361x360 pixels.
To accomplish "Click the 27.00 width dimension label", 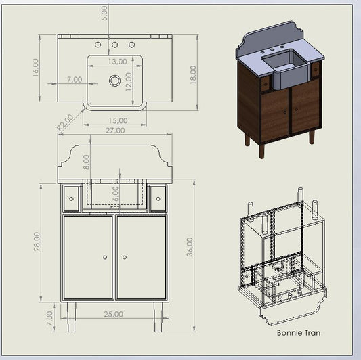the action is (115, 131).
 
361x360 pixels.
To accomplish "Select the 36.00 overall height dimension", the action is (190, 247).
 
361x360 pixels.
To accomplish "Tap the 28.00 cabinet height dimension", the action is (37, 242).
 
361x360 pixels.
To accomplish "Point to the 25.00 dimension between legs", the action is (113, 314).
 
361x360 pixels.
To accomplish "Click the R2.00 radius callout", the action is (66, 122).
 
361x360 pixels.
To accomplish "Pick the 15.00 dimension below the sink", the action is (118, 120).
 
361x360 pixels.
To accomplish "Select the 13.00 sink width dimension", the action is (117, 62).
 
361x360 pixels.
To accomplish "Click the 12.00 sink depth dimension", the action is (129, 82).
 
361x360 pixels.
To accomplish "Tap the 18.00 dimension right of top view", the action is (193, 74).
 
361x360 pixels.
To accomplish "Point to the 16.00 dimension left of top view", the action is (35, 68).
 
